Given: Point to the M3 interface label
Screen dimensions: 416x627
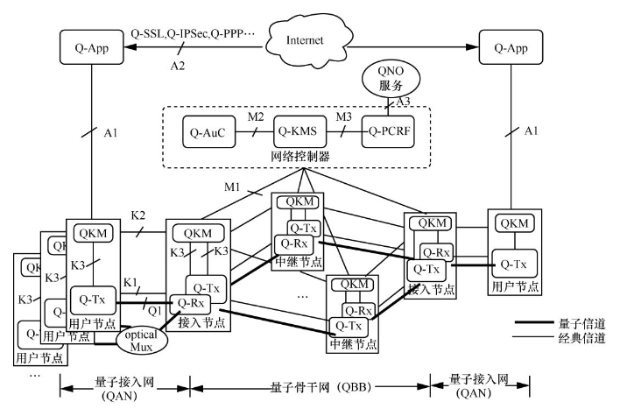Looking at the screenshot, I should click(x=346, y=117).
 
